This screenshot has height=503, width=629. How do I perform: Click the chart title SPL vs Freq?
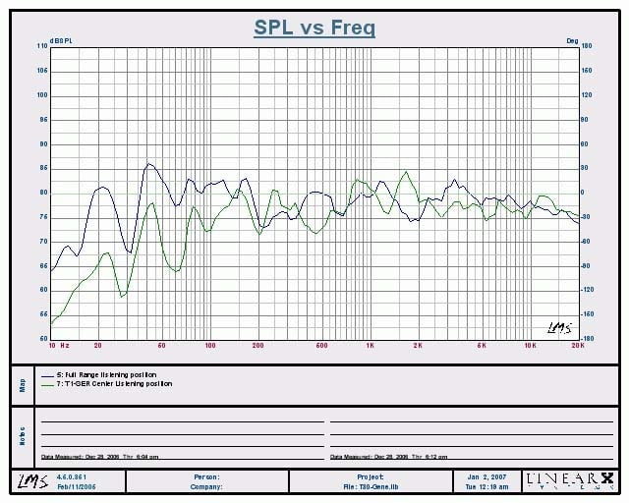314,28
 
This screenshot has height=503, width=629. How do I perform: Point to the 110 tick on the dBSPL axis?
42,46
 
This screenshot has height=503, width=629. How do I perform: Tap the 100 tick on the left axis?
42,95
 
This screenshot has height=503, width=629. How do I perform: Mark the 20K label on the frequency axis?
577,346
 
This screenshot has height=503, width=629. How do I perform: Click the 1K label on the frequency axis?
370,346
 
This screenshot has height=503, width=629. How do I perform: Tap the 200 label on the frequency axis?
258,346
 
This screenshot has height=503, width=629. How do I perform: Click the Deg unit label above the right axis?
572,39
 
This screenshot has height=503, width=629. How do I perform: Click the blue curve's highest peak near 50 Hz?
148,164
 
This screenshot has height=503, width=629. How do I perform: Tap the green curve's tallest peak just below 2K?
405,172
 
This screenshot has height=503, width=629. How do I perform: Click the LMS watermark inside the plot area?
556,327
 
